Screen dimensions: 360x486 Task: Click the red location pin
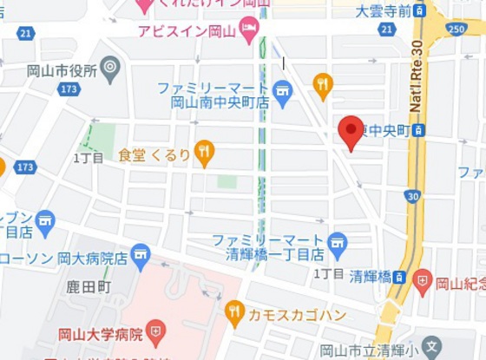(x=351, y=130)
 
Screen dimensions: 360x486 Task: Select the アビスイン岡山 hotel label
(x=187, y=30)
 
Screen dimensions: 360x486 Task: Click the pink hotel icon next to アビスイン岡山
(x=249, y=28)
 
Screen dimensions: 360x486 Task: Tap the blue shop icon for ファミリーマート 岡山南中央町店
(x=282, y=89)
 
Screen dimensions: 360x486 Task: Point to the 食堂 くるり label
(x=154, y=154)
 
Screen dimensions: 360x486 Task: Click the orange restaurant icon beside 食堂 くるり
(x=204, y=153)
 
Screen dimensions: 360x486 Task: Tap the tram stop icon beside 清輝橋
(x=398, y=277)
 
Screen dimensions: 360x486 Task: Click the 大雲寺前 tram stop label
(x=380, y=10)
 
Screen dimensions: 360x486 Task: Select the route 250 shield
(x=457, y=29)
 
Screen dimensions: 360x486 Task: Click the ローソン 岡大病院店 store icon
(x=141, y=255)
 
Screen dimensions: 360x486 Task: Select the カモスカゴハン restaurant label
(x=290, y=311)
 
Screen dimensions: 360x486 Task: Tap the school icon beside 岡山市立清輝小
(x=431, y=349)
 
